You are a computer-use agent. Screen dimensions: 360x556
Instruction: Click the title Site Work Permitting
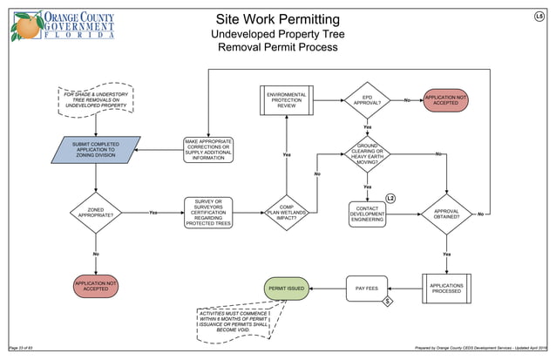tap(277, 19)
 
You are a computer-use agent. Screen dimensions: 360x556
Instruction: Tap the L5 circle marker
tap(539, 17)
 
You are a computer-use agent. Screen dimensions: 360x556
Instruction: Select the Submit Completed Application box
tap(96, 150)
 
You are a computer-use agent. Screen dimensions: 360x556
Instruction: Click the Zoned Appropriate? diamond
tap(96, 212)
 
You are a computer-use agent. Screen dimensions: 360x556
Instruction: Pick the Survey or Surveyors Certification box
tap(209, 212)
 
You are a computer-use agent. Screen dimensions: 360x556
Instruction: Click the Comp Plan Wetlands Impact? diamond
tap(287, 212)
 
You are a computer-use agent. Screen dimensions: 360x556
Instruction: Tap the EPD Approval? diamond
tap(367, 101)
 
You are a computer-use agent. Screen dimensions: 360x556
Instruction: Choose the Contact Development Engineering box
tap(367, 214)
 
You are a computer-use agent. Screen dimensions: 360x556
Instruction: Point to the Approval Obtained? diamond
tap(446, 214)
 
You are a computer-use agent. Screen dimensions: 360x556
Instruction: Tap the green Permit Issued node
tap(287, 288)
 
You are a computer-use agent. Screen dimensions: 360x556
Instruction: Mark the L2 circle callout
tap(390, 200)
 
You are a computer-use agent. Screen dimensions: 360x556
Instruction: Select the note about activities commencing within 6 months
tap(234, 322)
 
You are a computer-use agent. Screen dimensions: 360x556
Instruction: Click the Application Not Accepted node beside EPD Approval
tap(445, 100)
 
